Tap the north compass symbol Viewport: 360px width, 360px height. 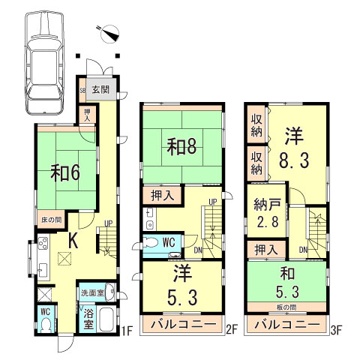coord(110,33)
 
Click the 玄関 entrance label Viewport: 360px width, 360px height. coord(100,88)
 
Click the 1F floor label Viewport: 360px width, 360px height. coord(127,328)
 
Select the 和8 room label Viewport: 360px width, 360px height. coord(182,145)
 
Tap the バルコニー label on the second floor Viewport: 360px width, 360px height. coord(184,324)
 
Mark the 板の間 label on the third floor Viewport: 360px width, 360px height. coord(289,308)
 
